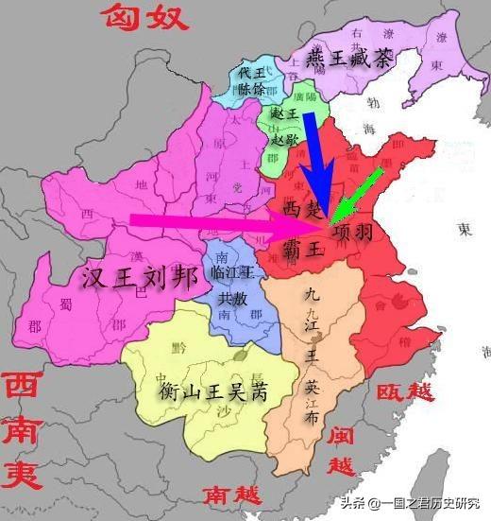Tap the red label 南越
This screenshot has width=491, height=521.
pyautogui.click(x=230, y=494)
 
